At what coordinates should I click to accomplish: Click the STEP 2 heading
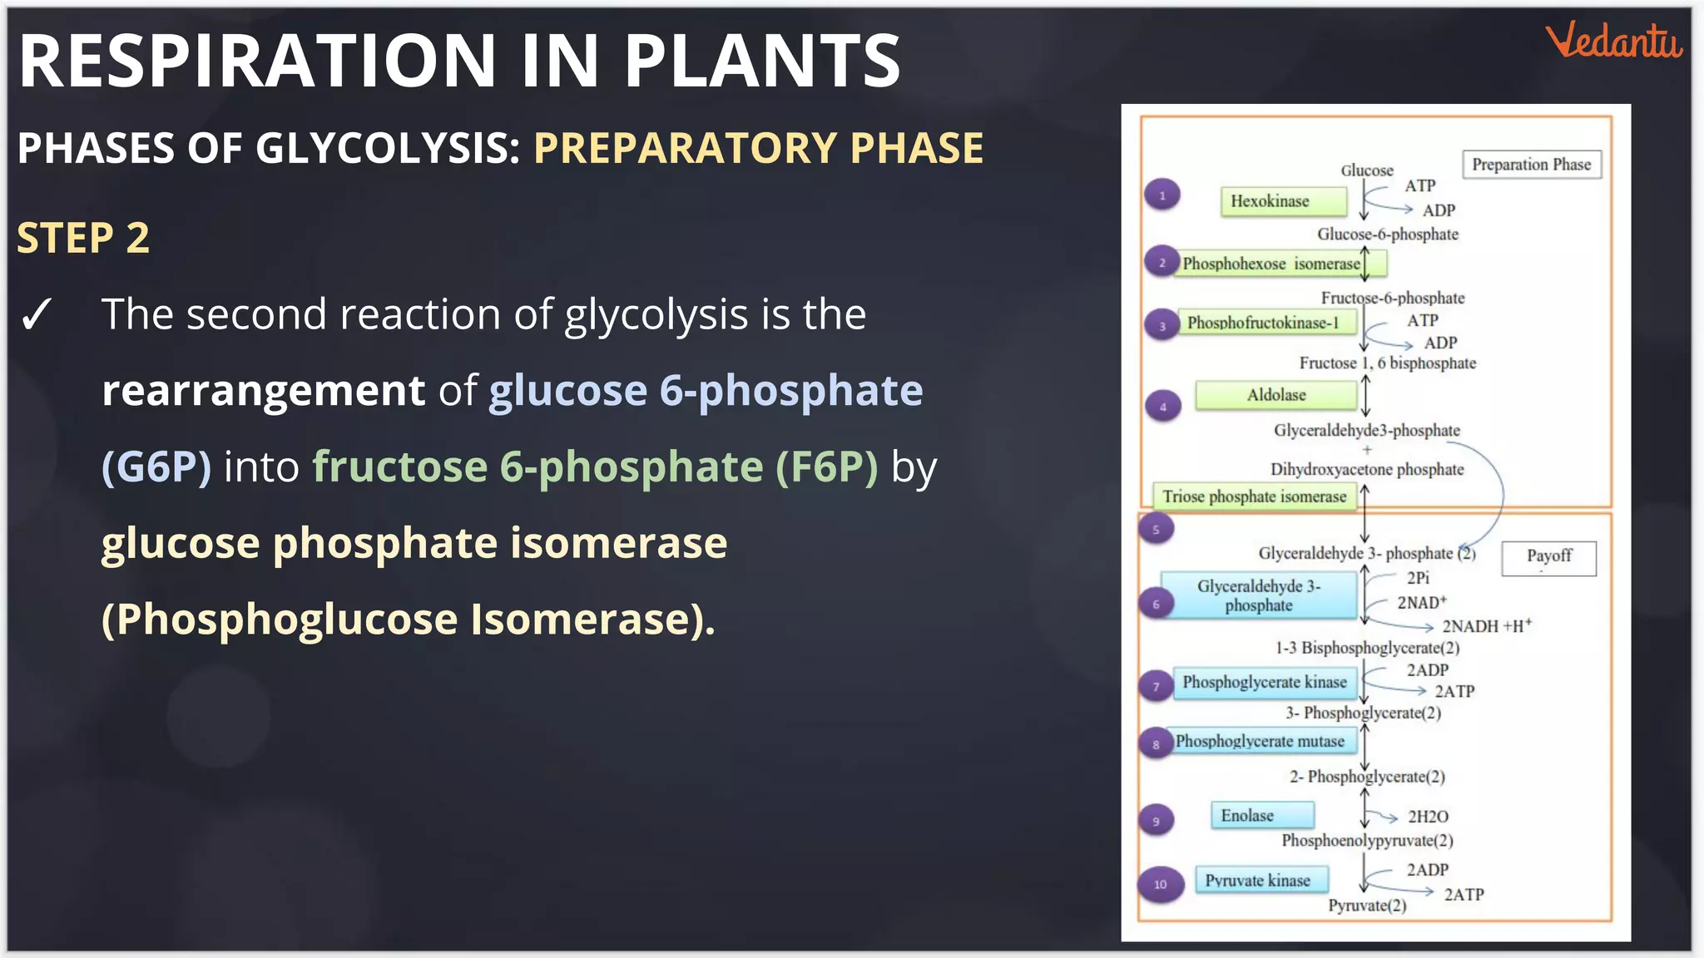click(83, 238)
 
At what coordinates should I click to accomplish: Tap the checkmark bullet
click(37, 315)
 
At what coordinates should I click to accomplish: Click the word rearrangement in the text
click(263, 390)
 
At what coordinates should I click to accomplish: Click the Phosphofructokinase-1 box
click(1263, 323)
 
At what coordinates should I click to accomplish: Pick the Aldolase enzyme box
click(1276, 395)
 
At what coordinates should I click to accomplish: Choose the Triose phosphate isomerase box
click(1254, 496)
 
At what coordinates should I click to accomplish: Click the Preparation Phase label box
click(1531, 165)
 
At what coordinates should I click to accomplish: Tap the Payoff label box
click(1548, 556)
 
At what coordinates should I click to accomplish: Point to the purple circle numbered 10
click(1160, 884)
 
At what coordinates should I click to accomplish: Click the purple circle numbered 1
click(1162, 195)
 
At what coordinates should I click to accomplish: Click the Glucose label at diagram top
click(1366, 170)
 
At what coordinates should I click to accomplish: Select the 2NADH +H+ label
click(1486, 626)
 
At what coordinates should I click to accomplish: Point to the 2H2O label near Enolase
click(1428, 817)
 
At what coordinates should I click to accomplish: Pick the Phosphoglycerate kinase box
click(1265, 683)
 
